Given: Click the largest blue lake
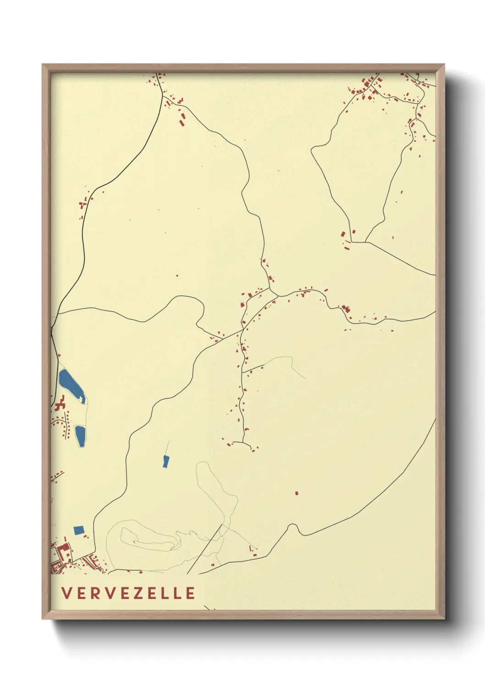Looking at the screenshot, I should pyautogui.click(x=71, y=384).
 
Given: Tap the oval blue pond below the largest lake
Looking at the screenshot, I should pyautogui.click(x=80, y=436).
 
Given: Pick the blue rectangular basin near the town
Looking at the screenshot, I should pyautogui.click(x=79, y=530).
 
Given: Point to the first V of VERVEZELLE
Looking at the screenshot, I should pyautogui.click(x=66, y=593).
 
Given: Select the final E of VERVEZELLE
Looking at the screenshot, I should pyautogui.click(x=191, y=593).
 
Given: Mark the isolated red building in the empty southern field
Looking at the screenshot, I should pyautogui.click(x=296, y=493).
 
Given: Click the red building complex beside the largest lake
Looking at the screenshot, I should pyautogui.click(x=59, y=406).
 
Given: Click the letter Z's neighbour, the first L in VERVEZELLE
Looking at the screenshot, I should pyautogui.click(x=166, y=593).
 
